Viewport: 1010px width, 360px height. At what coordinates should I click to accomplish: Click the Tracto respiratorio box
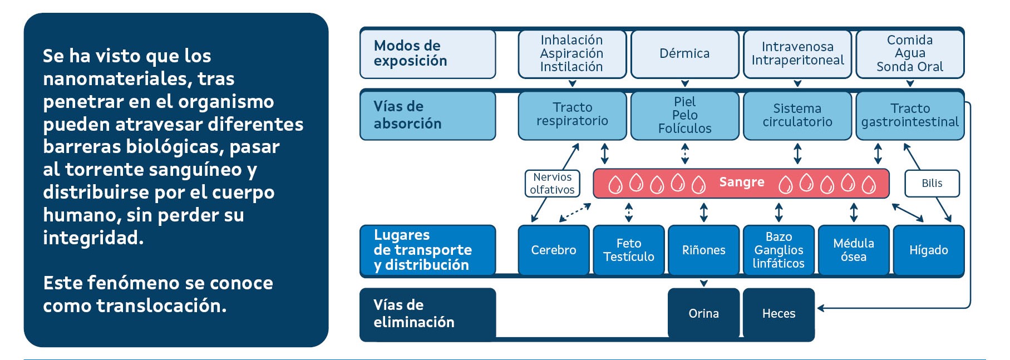(572, 115)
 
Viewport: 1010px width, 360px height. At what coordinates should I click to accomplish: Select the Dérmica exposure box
(684, 53)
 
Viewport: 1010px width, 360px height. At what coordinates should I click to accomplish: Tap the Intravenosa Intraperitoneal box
(797, 53)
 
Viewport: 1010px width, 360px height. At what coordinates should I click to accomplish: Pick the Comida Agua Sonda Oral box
(910, 53)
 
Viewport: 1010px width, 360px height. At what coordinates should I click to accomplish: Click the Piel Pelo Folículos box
(684, 115)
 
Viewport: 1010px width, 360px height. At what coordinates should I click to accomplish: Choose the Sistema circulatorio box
(797, 115)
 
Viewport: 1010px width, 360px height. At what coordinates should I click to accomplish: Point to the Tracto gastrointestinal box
(910, 115)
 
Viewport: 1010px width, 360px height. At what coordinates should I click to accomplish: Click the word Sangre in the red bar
(741, 183)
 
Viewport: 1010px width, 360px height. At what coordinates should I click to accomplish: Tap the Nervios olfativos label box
(552, 184)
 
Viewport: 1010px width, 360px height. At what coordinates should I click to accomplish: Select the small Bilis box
(932, 184)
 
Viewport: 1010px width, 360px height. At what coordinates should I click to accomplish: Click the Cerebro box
(554, 250)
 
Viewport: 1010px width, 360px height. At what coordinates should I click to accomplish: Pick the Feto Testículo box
(629, 250)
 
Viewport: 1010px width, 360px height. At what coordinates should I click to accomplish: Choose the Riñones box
(704, 250)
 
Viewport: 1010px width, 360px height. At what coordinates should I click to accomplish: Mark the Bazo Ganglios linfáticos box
(779, 250)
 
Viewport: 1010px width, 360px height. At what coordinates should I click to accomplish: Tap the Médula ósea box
(854, 250)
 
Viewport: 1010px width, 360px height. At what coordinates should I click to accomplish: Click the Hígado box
(929, 250)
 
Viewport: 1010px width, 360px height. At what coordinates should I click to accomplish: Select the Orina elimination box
(704, 313)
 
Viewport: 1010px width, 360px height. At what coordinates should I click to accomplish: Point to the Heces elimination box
(779, 313)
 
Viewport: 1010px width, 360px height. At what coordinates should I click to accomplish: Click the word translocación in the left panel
(161, 306)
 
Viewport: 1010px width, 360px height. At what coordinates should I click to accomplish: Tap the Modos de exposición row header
(427, 53)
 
